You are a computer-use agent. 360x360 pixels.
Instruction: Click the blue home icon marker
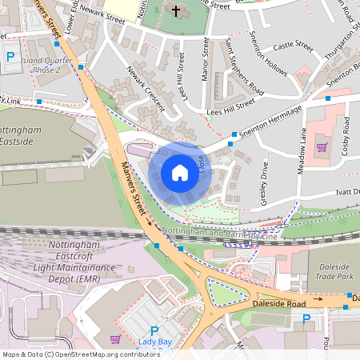180,172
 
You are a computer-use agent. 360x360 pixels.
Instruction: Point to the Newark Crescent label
145,88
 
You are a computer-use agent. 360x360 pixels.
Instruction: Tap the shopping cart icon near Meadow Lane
322,146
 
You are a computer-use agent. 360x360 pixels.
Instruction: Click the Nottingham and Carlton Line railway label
219,232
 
